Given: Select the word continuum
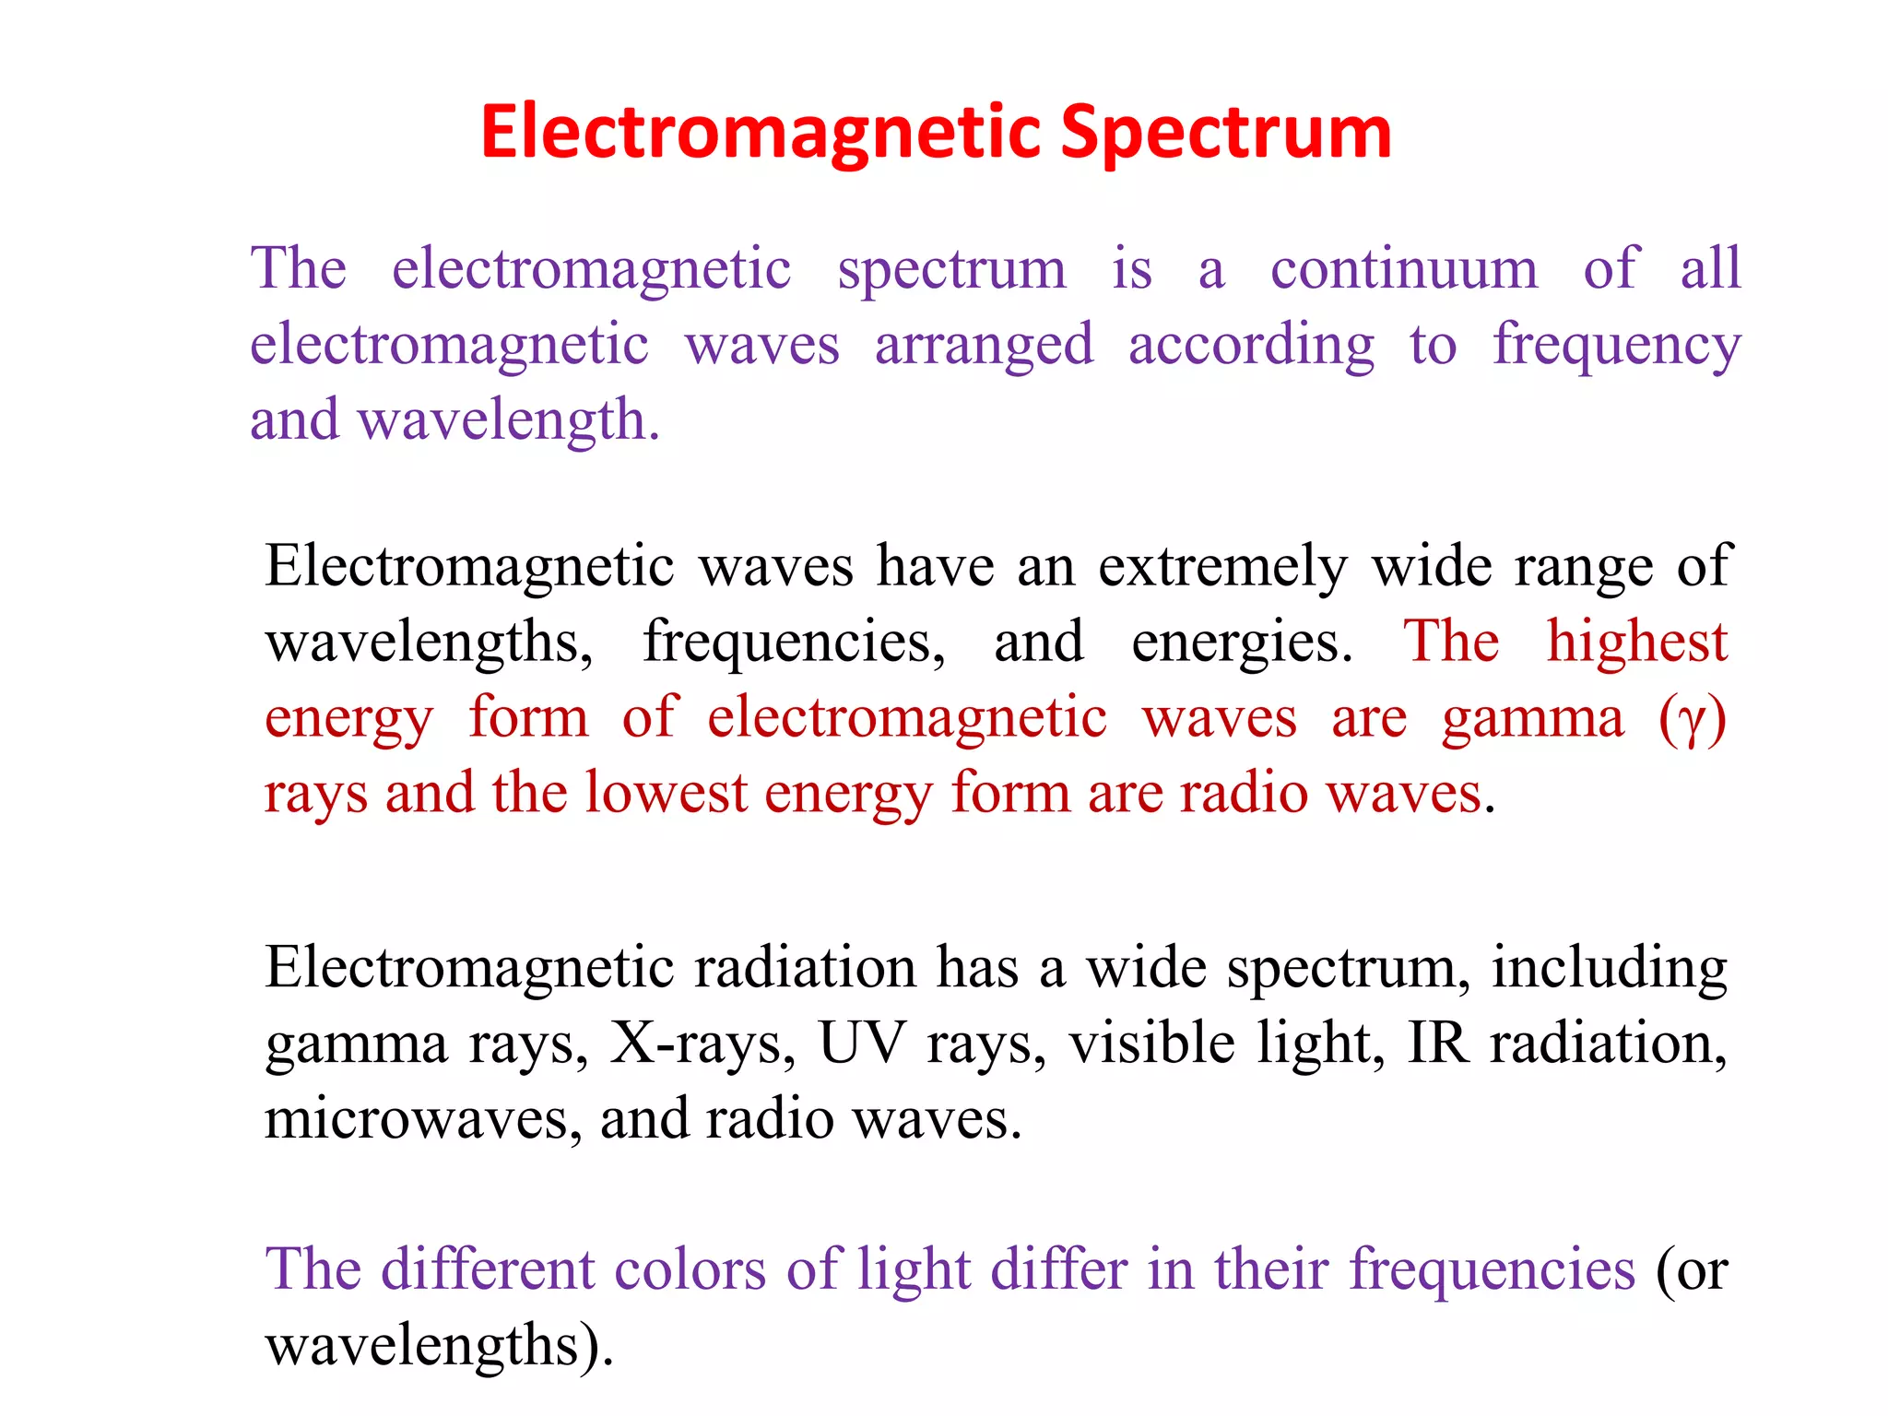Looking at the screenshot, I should pos(1403,269).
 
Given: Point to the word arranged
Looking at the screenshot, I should pos(984,346).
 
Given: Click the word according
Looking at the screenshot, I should pos(1251,346).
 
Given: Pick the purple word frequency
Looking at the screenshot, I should pos(1616,346).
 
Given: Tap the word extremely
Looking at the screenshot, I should pos(1222,566).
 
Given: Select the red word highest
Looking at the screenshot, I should pos(1636,641).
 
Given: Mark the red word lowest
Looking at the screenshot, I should pos(666,793).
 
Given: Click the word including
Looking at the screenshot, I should pos(1609,968).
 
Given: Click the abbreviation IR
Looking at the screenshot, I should pos(1438,1044).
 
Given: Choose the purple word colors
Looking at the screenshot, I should pos(690,1269).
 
